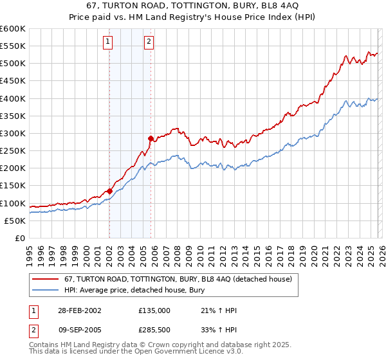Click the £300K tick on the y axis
coord(12,134)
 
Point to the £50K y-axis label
coord(15,221)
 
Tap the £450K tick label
coord(12,81)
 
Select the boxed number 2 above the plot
coord(149,42)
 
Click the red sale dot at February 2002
coord(110,191)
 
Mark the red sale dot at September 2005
coord(151,138)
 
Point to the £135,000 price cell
coord(154,310)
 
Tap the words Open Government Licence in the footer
coord(177,352)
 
